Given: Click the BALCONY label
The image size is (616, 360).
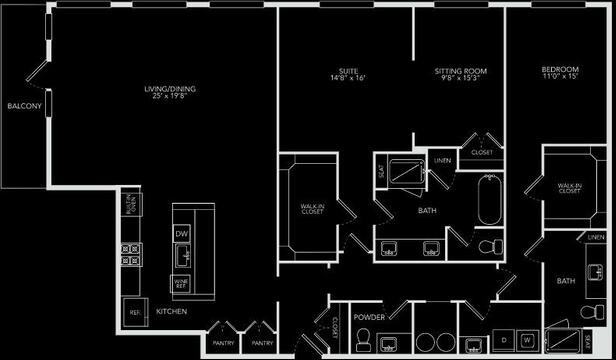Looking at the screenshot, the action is (x=22, y=106).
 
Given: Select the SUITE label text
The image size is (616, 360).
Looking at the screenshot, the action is (x=347, y=71).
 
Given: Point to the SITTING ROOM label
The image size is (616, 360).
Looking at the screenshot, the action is (x=459, y=71).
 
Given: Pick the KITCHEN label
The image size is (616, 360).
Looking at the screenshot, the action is (x=172, y=311).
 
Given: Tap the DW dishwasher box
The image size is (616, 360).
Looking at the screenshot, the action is (x=182, y=233).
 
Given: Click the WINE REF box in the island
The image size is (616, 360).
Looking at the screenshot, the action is (x=182, y=282).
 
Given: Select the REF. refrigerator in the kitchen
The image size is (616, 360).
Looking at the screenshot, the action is (x=132, y=311).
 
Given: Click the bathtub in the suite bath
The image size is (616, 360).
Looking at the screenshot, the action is (x=490, y=201).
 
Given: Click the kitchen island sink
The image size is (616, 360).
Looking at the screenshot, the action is (x=182, y=258).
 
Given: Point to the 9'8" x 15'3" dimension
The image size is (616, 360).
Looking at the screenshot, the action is (x=459, y=79).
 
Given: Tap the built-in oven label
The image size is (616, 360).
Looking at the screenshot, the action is (x=129, y=205).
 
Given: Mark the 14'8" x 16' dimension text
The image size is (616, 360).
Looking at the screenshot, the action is (x=347, y=79).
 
